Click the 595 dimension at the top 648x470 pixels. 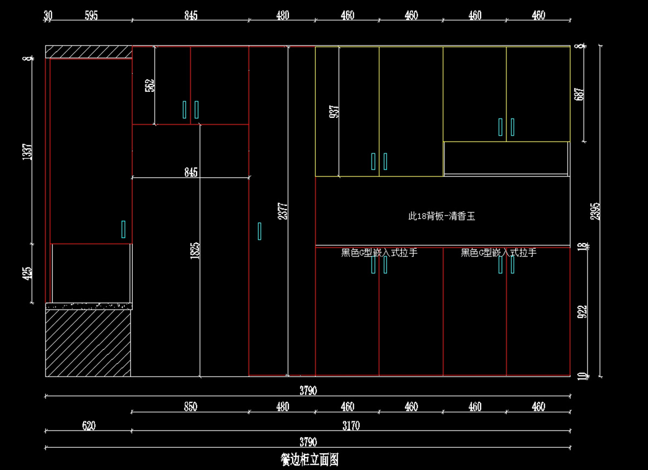pos(91,16)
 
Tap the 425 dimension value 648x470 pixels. pos(27,273)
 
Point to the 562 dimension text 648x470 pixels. pos(150,85)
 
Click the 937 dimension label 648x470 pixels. pos(335,111)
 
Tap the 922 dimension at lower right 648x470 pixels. pos(582,313)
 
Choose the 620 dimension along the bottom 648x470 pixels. pos(89,426)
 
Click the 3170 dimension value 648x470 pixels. pos(351,426)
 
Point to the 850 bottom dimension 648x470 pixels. pos(191,407)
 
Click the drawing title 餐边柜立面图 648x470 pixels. pos(309,460)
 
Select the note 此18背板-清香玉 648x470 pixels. pos(441,217)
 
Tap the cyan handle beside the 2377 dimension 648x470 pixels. pos(260,231)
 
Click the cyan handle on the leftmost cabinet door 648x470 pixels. pos(124,229)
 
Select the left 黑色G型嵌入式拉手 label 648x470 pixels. pos(379,253)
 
